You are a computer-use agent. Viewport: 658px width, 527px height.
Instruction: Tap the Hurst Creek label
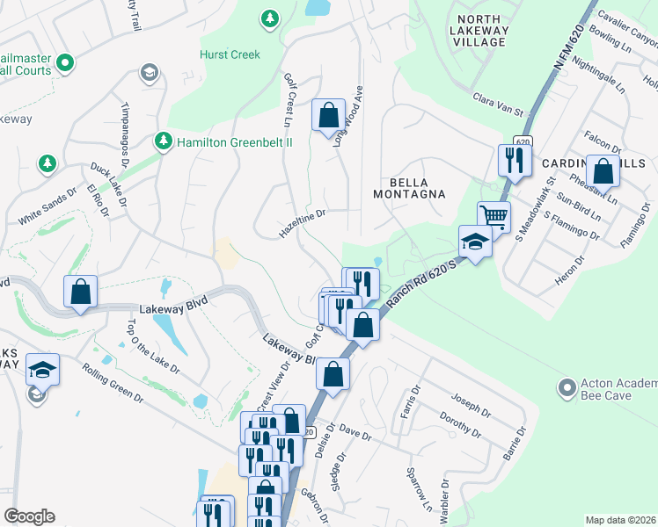tap(230, 54)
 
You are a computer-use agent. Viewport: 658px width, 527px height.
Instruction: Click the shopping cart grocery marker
tap(493, 216)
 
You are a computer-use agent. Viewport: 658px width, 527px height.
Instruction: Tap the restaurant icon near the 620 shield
tap(512, 159)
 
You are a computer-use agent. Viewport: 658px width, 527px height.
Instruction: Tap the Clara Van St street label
tap(497, 106)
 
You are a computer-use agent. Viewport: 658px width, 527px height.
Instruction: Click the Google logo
tap(29, 516)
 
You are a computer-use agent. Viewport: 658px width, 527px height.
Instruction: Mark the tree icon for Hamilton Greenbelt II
tap(163, 141)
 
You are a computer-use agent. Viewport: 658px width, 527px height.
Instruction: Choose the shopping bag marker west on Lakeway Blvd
tap(80, 292)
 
